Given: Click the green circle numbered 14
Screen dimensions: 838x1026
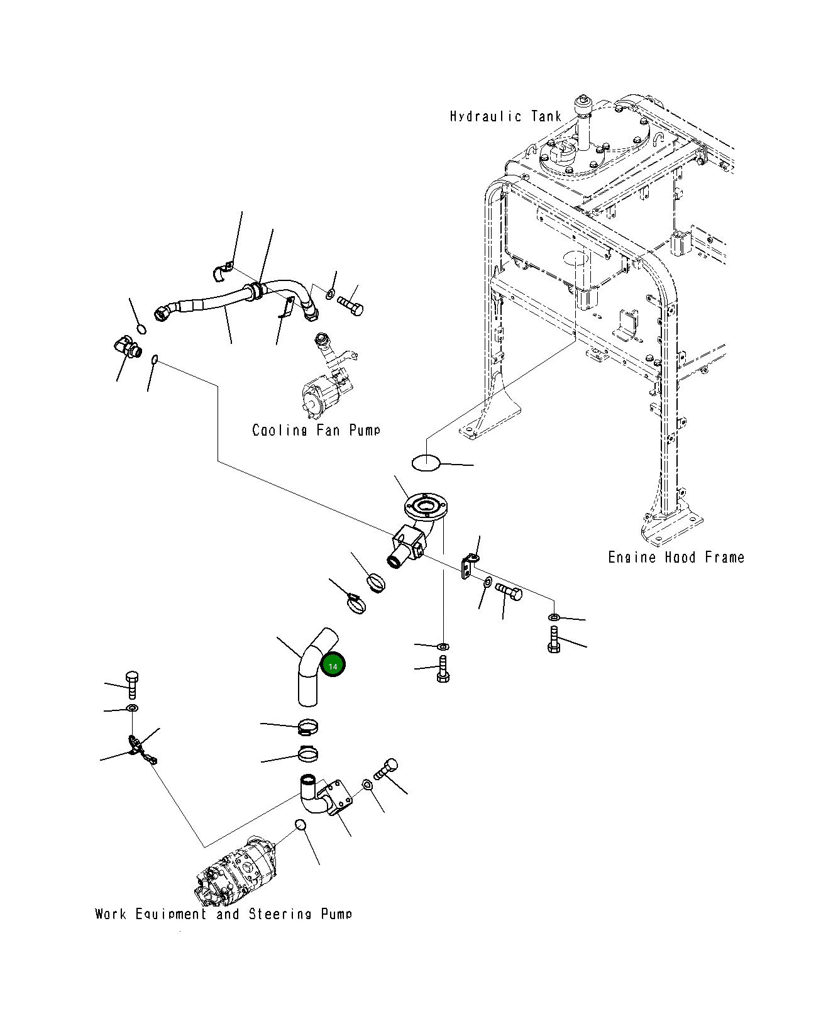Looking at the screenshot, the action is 333,666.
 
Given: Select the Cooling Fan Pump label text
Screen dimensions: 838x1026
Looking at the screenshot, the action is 316,430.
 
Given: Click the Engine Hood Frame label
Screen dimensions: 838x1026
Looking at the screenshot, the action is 676,557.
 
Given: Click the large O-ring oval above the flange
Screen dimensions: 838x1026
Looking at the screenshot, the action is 426,463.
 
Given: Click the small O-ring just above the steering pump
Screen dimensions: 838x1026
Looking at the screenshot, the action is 300,825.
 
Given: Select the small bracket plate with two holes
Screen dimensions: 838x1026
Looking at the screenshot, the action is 467,566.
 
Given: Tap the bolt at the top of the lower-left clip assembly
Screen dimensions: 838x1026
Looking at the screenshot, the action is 132,685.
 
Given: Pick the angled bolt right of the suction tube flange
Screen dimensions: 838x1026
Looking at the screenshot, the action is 385,769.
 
